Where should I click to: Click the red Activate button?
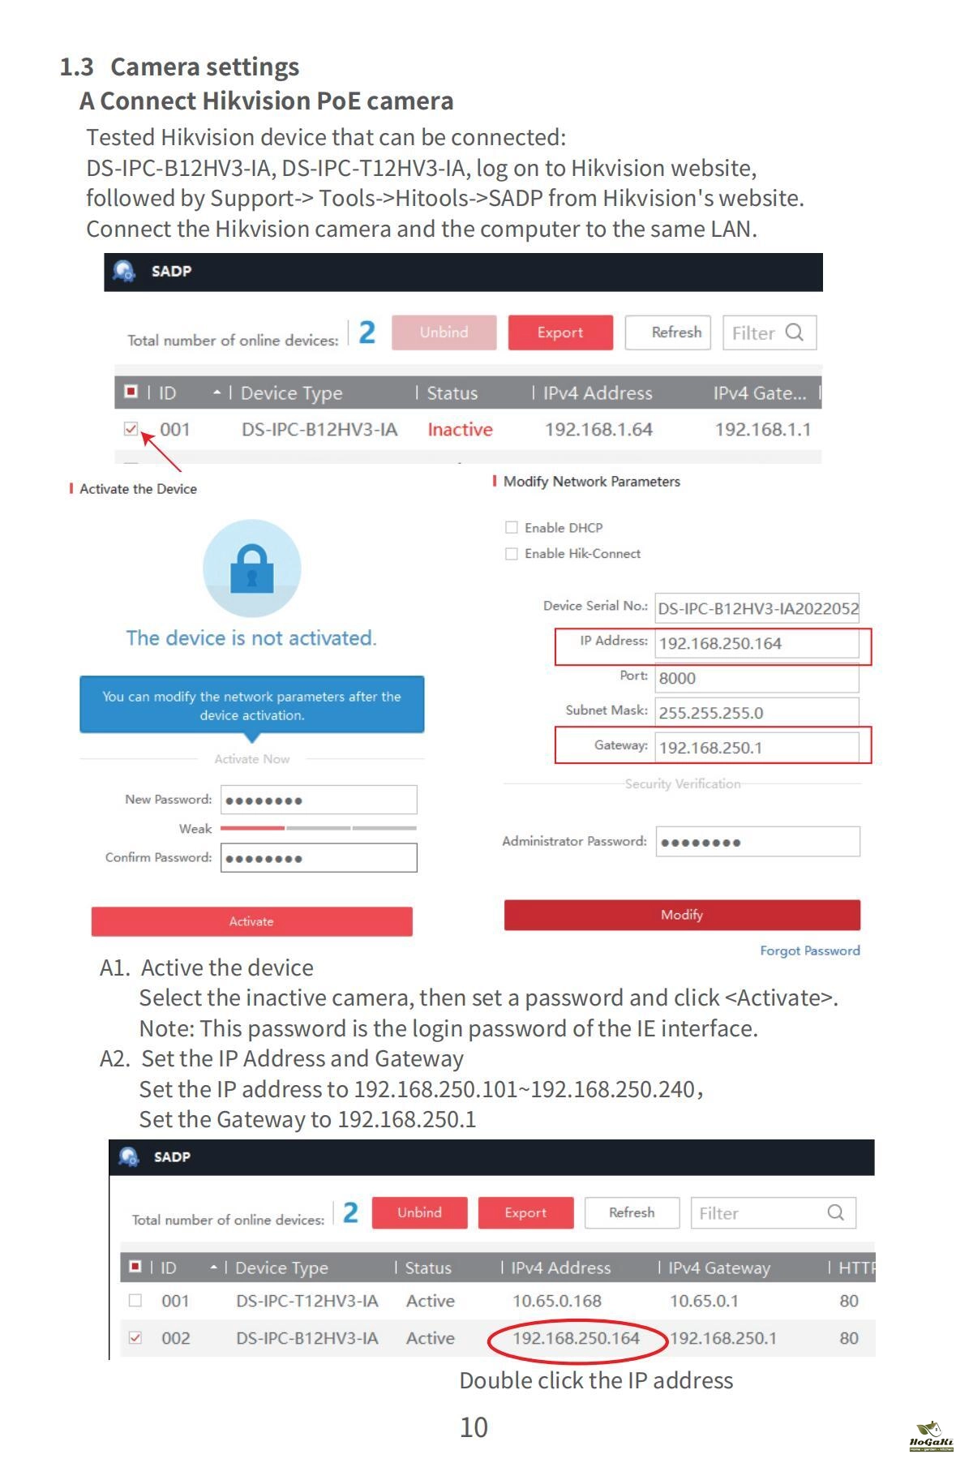[x=251, y=921]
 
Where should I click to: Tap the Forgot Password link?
[x=809, y=950]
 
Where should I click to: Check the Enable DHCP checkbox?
[x=512, y=528]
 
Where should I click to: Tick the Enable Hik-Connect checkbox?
[x=512, y=554]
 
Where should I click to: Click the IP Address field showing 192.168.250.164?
[x=756, y=644]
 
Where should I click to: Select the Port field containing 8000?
[x=756, y=678]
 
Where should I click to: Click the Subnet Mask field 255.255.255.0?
[x=756, y=713]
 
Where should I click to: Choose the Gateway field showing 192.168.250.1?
[x=756, y=748]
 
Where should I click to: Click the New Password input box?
[x=319, y=800]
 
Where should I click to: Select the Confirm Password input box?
[x=319, y=858]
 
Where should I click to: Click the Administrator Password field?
[x=757, y=842]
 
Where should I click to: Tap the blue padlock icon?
[x=252, y=568]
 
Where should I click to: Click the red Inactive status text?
[x=460, y=430]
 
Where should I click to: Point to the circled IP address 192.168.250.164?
[x=576, y=1338]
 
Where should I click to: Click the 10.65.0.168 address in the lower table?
[x=557, y=1302]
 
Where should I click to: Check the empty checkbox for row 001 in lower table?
[x=135, y=1301]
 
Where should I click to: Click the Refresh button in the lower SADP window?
[x=632, y=1212]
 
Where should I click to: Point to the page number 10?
[x=474, y=1427]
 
